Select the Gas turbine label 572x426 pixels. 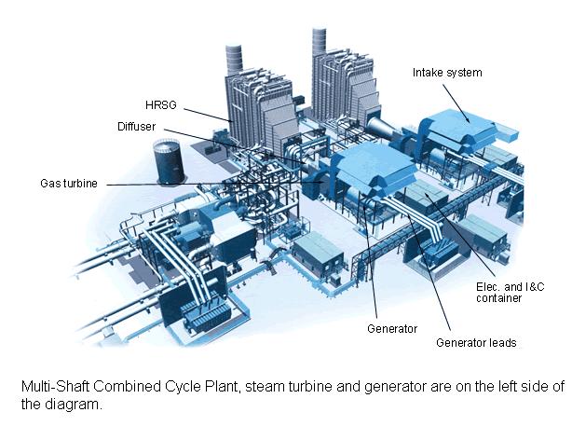pyautogui.click(x=68, y=183)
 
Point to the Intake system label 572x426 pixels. pyautogui.click(x=447, y=72)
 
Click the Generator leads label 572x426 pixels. pyautogui.click(x=476, y=342)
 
